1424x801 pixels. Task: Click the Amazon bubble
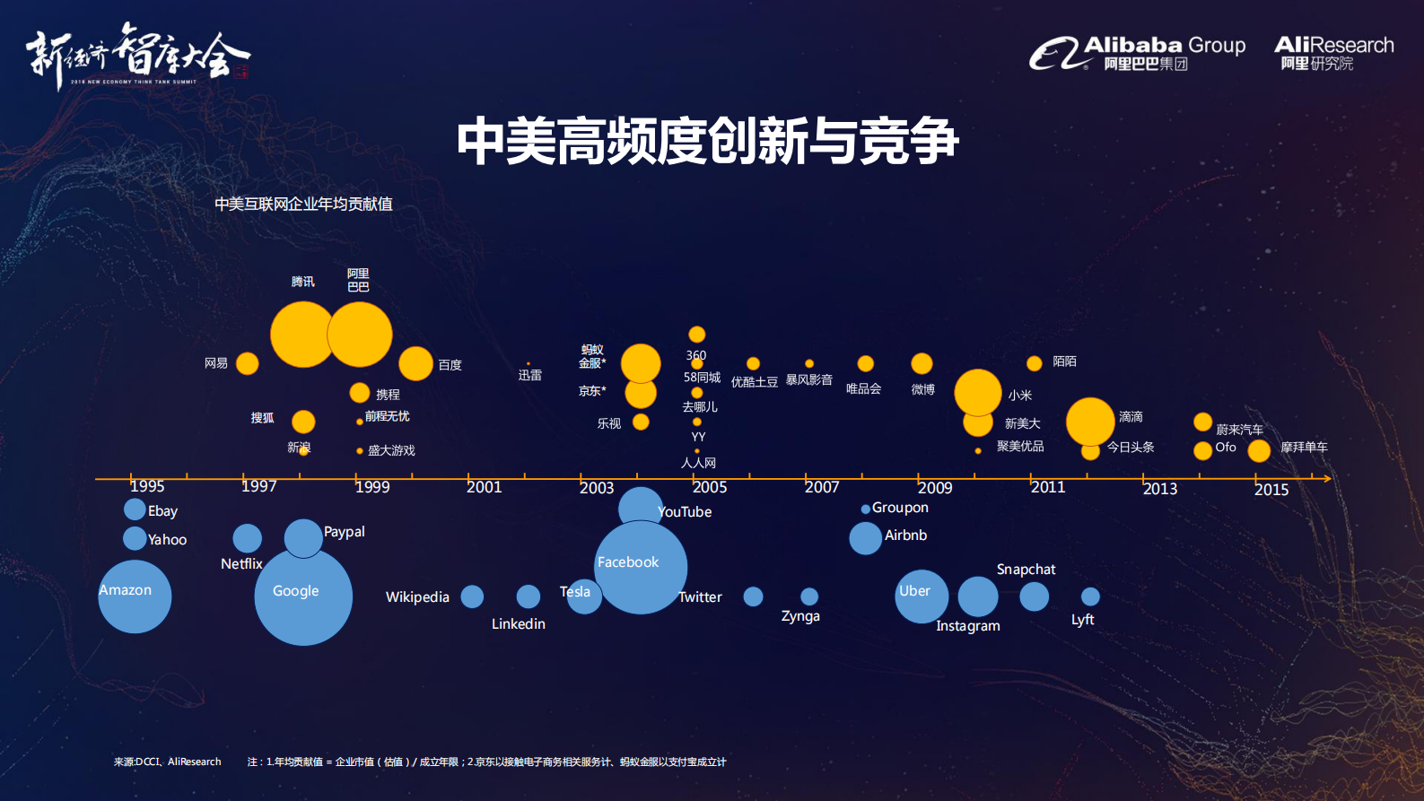135,596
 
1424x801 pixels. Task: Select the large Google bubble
303,596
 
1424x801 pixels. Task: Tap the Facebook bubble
641,567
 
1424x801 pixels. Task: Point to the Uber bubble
922,596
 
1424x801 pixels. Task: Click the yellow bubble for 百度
415,363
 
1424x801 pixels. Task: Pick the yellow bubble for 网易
247,363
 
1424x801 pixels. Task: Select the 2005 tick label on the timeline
710,487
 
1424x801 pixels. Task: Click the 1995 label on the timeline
147,486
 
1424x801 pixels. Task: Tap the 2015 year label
1271,490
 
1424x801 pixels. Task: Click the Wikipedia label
417,597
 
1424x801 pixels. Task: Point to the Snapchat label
1026,570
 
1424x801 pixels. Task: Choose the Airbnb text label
905,535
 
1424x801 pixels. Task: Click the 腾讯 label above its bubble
303,282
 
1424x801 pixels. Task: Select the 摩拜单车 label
1304,447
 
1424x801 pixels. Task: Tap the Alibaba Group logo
1138,53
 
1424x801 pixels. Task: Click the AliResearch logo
1333,53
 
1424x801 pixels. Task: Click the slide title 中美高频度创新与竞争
707,142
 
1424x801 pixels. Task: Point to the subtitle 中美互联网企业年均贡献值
303,205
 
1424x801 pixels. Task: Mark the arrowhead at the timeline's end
1326,479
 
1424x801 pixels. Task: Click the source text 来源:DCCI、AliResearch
167,762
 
